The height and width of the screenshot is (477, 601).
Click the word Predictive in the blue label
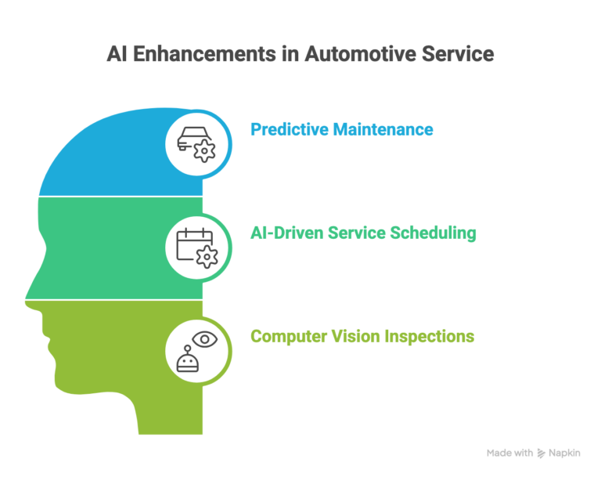288,128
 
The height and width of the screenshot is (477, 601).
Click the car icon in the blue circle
191,136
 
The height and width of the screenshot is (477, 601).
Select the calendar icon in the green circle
191,241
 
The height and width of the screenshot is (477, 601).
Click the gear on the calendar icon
206,255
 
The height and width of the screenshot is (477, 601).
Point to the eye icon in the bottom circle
205,338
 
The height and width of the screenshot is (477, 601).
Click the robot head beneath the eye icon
188,360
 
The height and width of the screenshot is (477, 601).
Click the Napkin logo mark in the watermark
542,454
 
